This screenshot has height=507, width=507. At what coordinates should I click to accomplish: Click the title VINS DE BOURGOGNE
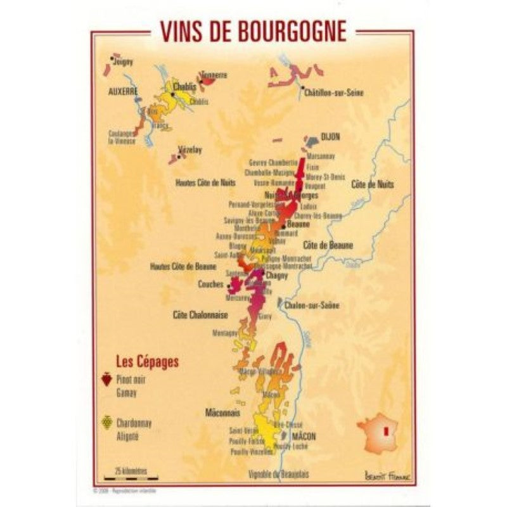pos(253,30)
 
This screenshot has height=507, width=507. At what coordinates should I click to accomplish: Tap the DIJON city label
pos(330,136)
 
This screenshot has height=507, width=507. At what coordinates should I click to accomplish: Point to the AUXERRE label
pos(124,91)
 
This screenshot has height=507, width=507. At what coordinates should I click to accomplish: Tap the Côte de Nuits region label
pos(372,184)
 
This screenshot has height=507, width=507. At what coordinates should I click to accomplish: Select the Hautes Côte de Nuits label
pos(202,183)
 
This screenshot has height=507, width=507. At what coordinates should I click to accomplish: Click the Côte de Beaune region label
pos(328,245)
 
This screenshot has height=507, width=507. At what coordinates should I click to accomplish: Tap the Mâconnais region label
pos(222,413)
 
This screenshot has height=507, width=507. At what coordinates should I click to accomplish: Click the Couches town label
pos(210,285)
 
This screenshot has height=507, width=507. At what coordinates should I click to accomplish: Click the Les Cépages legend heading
pos(147,363)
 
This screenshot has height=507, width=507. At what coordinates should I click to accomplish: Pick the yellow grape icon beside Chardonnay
pos(106,421)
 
